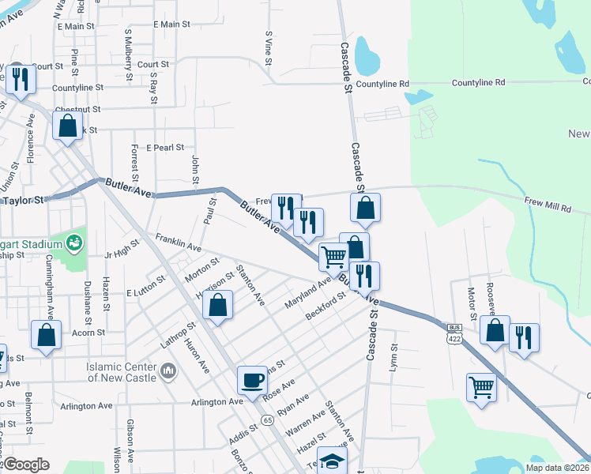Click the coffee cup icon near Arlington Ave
[x=253, y=379]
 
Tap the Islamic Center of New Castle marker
[x=168, y=371]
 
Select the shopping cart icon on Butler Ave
[x=333, y=256]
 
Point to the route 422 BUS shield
[x=454, y=332]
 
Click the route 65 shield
[x=269, y=418]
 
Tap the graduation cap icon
[x=333, y=462]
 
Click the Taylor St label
[x=24, y=201]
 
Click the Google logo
[x=25, y=465]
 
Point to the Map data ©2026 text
[x=557, y=468]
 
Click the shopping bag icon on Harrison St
[x=217, y=305]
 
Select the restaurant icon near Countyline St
[x=21, y=78]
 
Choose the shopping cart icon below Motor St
[x=481, y=387]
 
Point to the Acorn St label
[x=88, y=333]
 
